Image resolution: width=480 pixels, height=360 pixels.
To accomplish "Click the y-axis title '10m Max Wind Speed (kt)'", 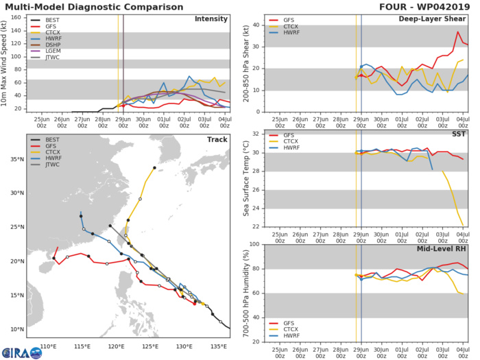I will pyautogui.click(x=6, y=62).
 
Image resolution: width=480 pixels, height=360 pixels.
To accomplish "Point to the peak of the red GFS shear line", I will pyautogui.click(x=459, y=32).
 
